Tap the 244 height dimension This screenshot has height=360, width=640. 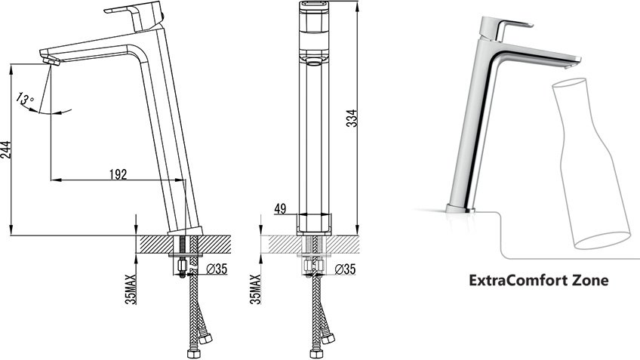click(5, 149)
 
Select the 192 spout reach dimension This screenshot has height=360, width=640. click(118, 174)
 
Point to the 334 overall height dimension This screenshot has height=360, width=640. click(352, 118)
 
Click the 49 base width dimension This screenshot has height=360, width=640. click(280, 209)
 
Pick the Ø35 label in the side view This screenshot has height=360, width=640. click(217, 269)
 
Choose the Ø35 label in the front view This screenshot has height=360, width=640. click(345, 269)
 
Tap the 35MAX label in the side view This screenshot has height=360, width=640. click(131, 289)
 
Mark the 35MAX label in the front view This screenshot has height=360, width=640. click(256, 289)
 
